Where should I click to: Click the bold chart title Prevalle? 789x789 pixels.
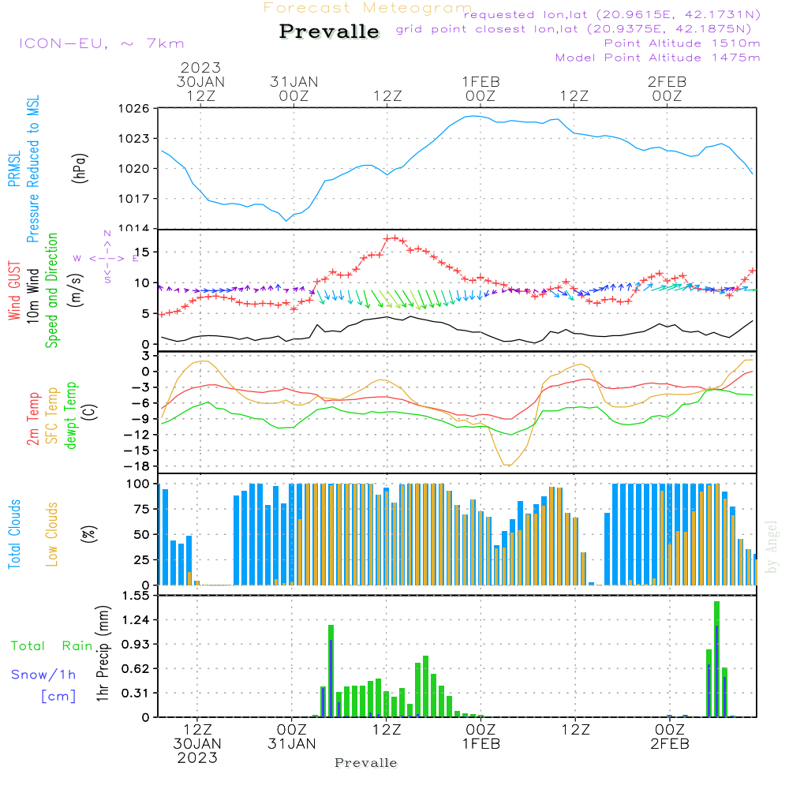coord(329,32)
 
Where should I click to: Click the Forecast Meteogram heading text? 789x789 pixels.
coord(368,8)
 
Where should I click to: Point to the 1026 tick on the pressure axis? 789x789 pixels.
coord(133,108)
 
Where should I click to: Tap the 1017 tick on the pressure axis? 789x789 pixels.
coord(133,198)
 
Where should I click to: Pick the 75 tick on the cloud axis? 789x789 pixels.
coord(140,509)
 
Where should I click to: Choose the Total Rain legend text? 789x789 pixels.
coord(52,645)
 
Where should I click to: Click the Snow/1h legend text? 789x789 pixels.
coord(44,675)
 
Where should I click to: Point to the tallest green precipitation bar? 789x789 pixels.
coord(716,659)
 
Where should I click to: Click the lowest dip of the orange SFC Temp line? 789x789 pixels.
coord(507,465)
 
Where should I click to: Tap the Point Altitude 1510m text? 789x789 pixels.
coord(682,43)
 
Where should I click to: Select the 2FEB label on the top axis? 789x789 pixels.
coord(667,81)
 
